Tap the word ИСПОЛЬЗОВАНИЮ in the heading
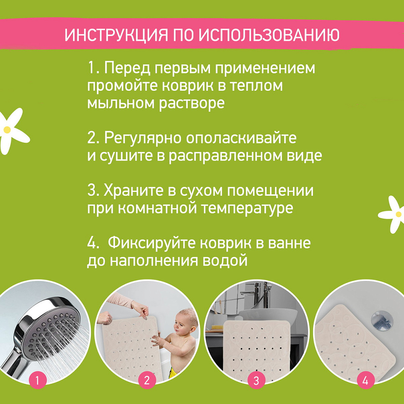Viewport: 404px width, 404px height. (269, 35)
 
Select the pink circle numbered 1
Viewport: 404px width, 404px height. (37, 380)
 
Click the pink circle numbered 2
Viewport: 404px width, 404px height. (147, 380)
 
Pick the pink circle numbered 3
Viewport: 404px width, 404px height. (256, 380)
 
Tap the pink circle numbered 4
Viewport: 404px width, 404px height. (365, 380)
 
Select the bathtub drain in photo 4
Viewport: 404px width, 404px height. (382, 320)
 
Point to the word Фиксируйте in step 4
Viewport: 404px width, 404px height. (152, 243)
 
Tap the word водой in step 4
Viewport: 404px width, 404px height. (225, 261)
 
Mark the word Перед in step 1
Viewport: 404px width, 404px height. (127, 69)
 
